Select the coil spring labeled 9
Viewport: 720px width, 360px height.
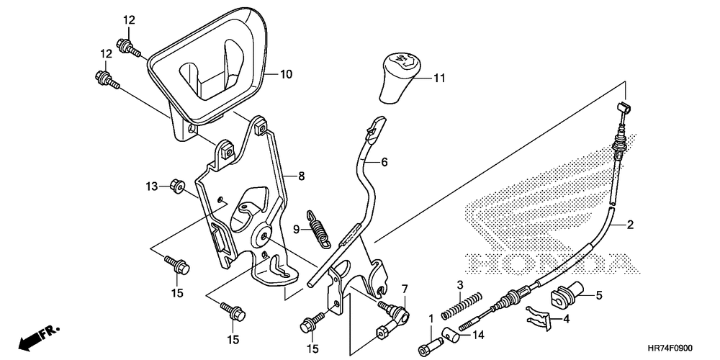319,228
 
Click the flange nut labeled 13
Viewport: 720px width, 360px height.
177,186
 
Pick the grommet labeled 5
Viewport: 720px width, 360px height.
566,294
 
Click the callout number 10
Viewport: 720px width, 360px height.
286,74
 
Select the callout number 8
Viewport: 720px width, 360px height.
301,176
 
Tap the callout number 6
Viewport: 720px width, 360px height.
384,161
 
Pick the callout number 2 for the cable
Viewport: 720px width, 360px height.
630,225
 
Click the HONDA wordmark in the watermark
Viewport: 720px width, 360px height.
551,263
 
